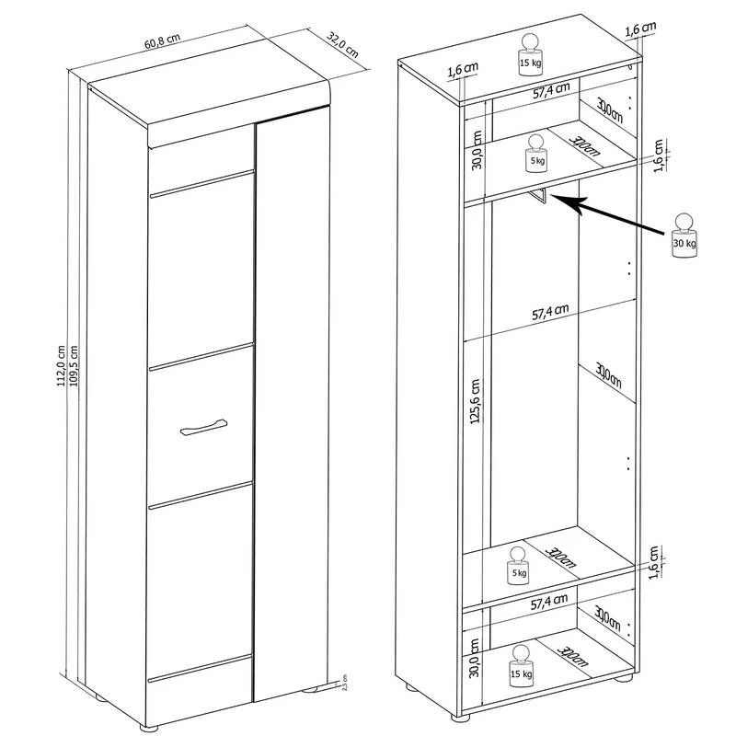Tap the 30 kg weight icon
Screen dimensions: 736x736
pos(684,237)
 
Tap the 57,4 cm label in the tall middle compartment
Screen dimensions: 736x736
pos(550,313)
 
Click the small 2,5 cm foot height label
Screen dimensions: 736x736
pos(343,686)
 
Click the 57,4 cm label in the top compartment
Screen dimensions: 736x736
pos(550,88)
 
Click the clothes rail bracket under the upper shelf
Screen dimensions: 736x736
pos(541,196)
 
